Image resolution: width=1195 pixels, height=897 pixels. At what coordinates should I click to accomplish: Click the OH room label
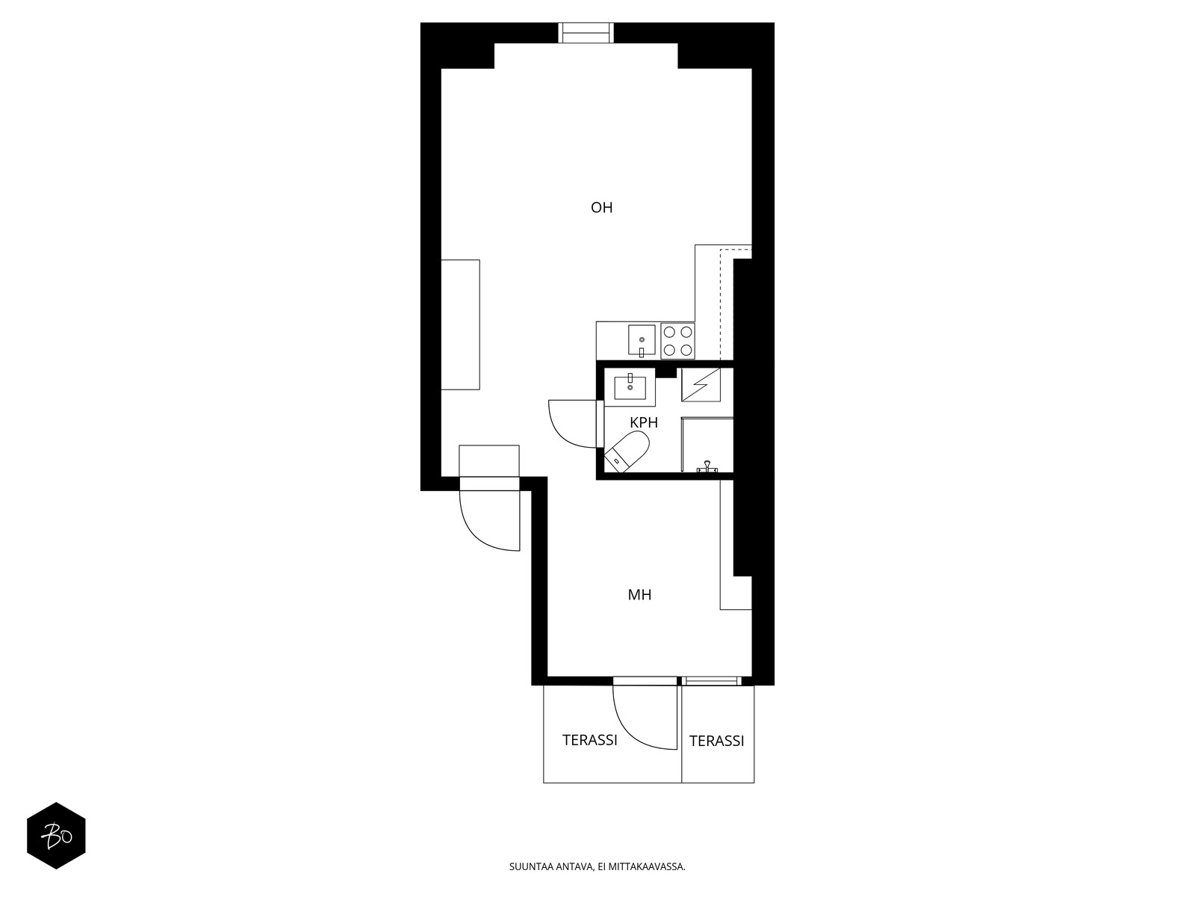pos(601,208)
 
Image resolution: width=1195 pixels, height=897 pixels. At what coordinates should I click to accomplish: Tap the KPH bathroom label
pos(643,423)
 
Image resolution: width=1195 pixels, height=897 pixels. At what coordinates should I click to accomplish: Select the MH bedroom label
pos(639,595)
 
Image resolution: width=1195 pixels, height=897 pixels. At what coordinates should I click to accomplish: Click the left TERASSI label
pos(589,740)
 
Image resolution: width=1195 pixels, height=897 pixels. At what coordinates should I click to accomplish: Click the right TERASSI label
pos(716,741)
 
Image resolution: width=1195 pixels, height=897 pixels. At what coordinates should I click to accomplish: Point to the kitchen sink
pos(642,341)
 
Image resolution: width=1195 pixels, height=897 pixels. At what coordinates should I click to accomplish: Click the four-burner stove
pos(677,341)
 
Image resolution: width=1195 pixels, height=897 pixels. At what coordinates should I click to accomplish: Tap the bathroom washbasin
pos(630,387)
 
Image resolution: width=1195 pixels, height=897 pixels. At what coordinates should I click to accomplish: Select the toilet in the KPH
pos(627,451)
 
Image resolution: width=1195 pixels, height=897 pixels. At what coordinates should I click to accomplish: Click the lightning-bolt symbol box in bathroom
pos(701,385)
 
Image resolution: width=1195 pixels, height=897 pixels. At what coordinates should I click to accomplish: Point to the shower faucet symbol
pos(706,467)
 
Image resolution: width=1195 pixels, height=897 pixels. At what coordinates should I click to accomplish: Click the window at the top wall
pos(586,32)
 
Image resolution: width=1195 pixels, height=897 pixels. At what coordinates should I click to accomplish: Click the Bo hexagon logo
pos(56,836)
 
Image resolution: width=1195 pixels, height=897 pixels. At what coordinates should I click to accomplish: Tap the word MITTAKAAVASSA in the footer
pos(651,867)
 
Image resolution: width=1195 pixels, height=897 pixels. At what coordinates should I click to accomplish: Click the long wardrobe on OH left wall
pos(460,324)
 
